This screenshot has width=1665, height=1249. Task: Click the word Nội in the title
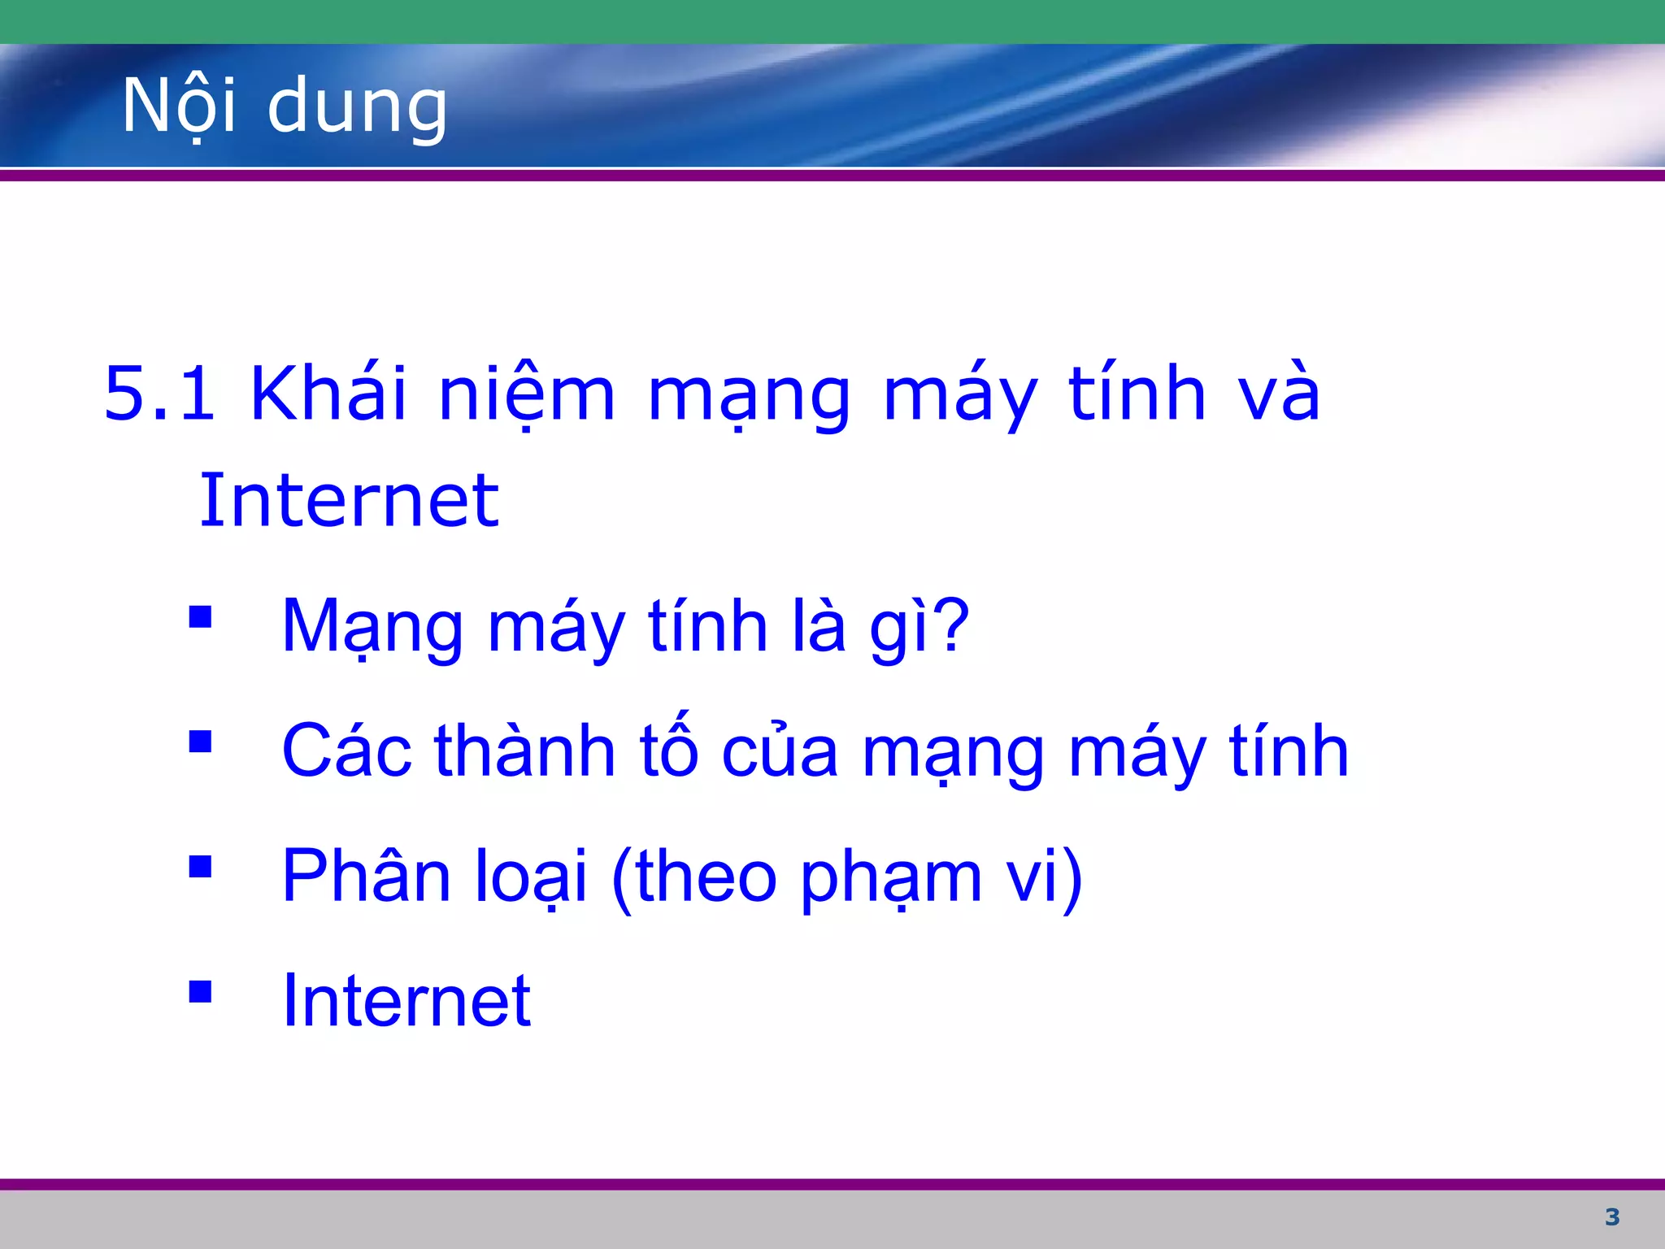pyautogui.click(x=179, y=106)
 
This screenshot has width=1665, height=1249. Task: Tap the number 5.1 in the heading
pyautogui.click(x=160, y=394)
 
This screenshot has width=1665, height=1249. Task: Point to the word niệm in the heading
pyautogui.click(x=526, y=395)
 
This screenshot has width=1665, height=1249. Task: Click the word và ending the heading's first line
pyautogui.click(x=1278, y=395)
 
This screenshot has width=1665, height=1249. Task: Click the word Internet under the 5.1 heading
pyautogui.click(x=349, y=501)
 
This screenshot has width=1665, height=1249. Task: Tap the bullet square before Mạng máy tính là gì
pyautogui.click(x=200, y=617)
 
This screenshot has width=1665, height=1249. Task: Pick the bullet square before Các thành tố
pyautogui.click(x=200, y=742)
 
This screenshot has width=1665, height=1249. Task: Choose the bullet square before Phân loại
pyautogui.click(x=200, y=867)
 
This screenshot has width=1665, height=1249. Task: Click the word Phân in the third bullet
pyautogui.click(x=366, y=877)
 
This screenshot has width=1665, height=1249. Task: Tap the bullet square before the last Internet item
pyautogui.click(x=200, y=992)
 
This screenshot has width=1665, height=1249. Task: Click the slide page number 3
pyautogui.click(x=1612, y=1217)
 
